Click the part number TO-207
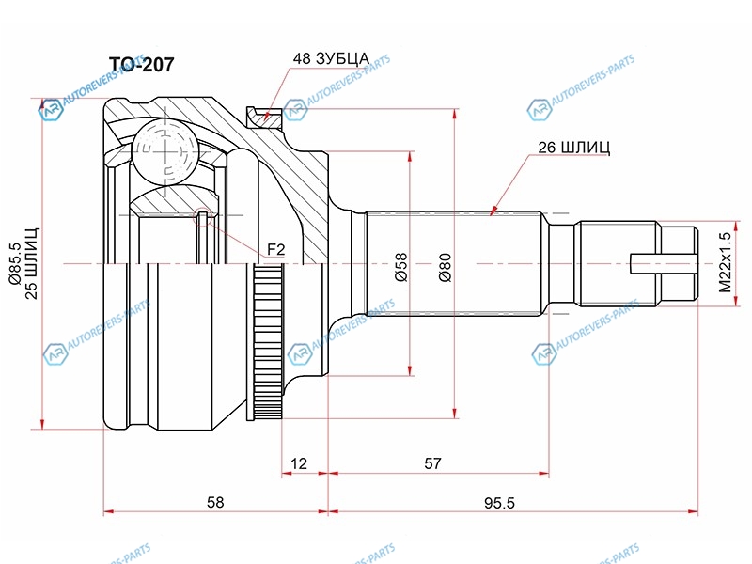coord(142,65)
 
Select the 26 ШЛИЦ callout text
coord(572,148)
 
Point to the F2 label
coord(275,249)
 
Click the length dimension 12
coord(299,463)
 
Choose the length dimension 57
coord(432,463)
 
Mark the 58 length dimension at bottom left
coord(215,502)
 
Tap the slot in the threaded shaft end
coord(662,263)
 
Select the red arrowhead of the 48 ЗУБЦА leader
coord(267,116)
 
